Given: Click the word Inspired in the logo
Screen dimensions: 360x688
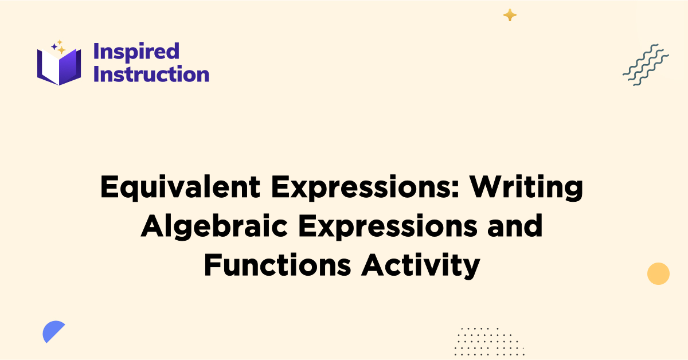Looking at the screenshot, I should [136, 52].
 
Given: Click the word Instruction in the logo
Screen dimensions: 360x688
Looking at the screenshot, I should [151, 74].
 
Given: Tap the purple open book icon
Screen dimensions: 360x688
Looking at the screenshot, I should [59, 66].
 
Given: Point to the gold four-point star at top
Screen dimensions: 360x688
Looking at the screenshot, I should [510, 15].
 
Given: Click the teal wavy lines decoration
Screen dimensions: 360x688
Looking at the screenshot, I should [646, 65].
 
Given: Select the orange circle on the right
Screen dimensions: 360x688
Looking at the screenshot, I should [658, 273].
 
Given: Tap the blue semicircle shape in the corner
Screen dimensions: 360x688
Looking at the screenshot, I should [53, 332].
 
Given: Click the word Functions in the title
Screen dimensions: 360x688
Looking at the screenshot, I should [277, 265].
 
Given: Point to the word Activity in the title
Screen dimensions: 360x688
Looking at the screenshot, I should [420, 265].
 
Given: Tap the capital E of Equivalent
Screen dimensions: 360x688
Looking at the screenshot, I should [109, 188].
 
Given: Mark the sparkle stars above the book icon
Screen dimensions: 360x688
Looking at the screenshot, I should [58, 47].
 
